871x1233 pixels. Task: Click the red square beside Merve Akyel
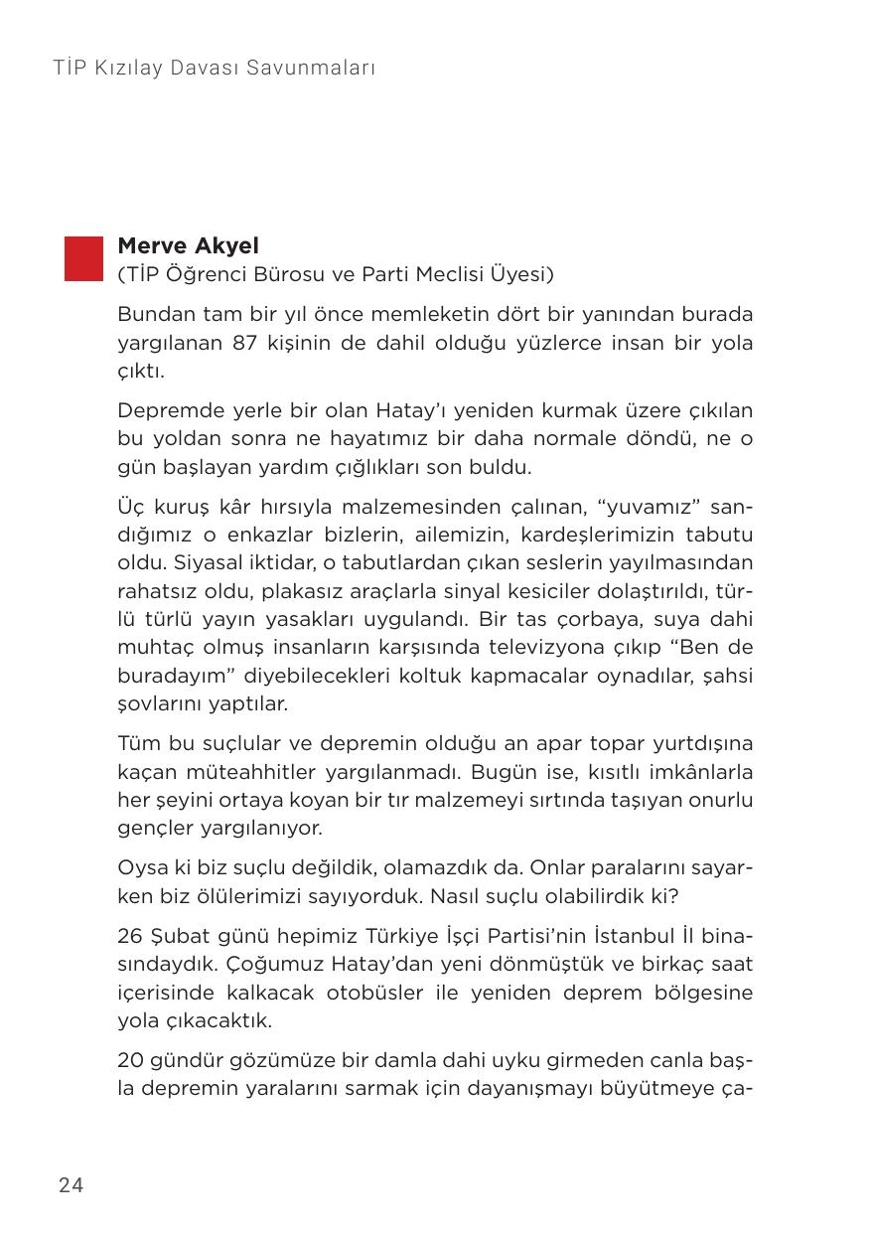click(x=83, y=258)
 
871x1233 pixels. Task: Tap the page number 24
click(x=72, y=1184)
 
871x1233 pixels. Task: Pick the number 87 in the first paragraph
click(x=245, y=344)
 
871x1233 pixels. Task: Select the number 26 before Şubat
click(x=130, y=937)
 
